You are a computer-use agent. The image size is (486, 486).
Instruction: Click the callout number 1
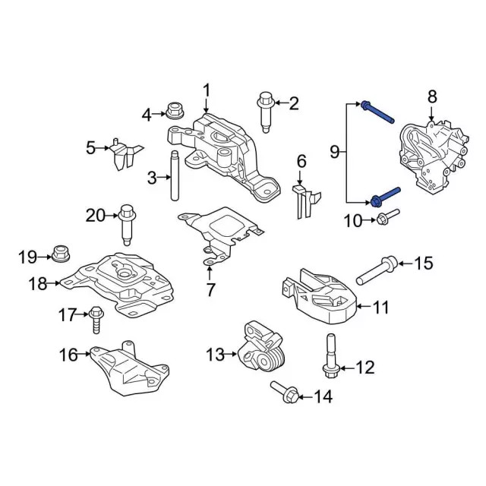point(206,92)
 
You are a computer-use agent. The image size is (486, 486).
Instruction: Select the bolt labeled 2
point(265,109)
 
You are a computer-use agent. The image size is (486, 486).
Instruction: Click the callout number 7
point(210,289)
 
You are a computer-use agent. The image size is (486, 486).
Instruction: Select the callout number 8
point(432,96)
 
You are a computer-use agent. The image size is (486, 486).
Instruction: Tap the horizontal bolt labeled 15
point(68,354)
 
